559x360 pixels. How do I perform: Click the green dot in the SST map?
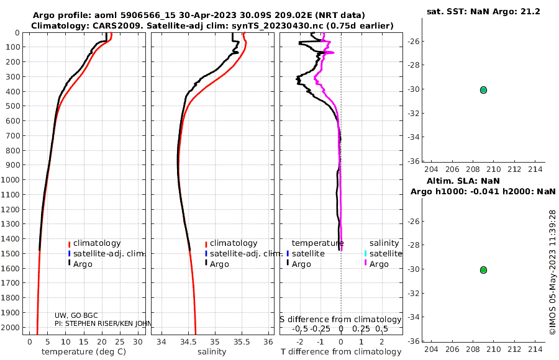coord(483,90)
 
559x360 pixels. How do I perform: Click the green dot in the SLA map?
coord(483,270)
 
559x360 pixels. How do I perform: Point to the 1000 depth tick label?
coord(10,179)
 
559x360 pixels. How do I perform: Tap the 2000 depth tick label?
coord(10,327)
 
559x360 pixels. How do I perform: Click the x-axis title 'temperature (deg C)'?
coord(84,352)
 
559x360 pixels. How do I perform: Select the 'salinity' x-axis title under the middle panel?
coord(212,352)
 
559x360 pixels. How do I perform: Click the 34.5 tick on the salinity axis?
coord(188,342)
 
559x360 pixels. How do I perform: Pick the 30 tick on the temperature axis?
coord(138,342)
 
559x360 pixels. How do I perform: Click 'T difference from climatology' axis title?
coord(341,352)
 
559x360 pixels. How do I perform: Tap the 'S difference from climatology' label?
coord(340,320)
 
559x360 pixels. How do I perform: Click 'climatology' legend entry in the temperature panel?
coord(97,243)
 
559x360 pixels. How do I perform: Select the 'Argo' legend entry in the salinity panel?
coord(219,264)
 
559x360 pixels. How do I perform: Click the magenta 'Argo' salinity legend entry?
coord(379,264)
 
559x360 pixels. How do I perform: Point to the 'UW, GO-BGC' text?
coord(76,315)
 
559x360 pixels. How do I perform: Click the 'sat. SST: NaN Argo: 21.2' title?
coord(483,11)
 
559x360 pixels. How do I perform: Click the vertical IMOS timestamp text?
coord(552,272)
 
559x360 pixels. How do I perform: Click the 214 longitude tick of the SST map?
coord(535,169)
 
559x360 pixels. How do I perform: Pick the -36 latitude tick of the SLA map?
coord(414,341)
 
